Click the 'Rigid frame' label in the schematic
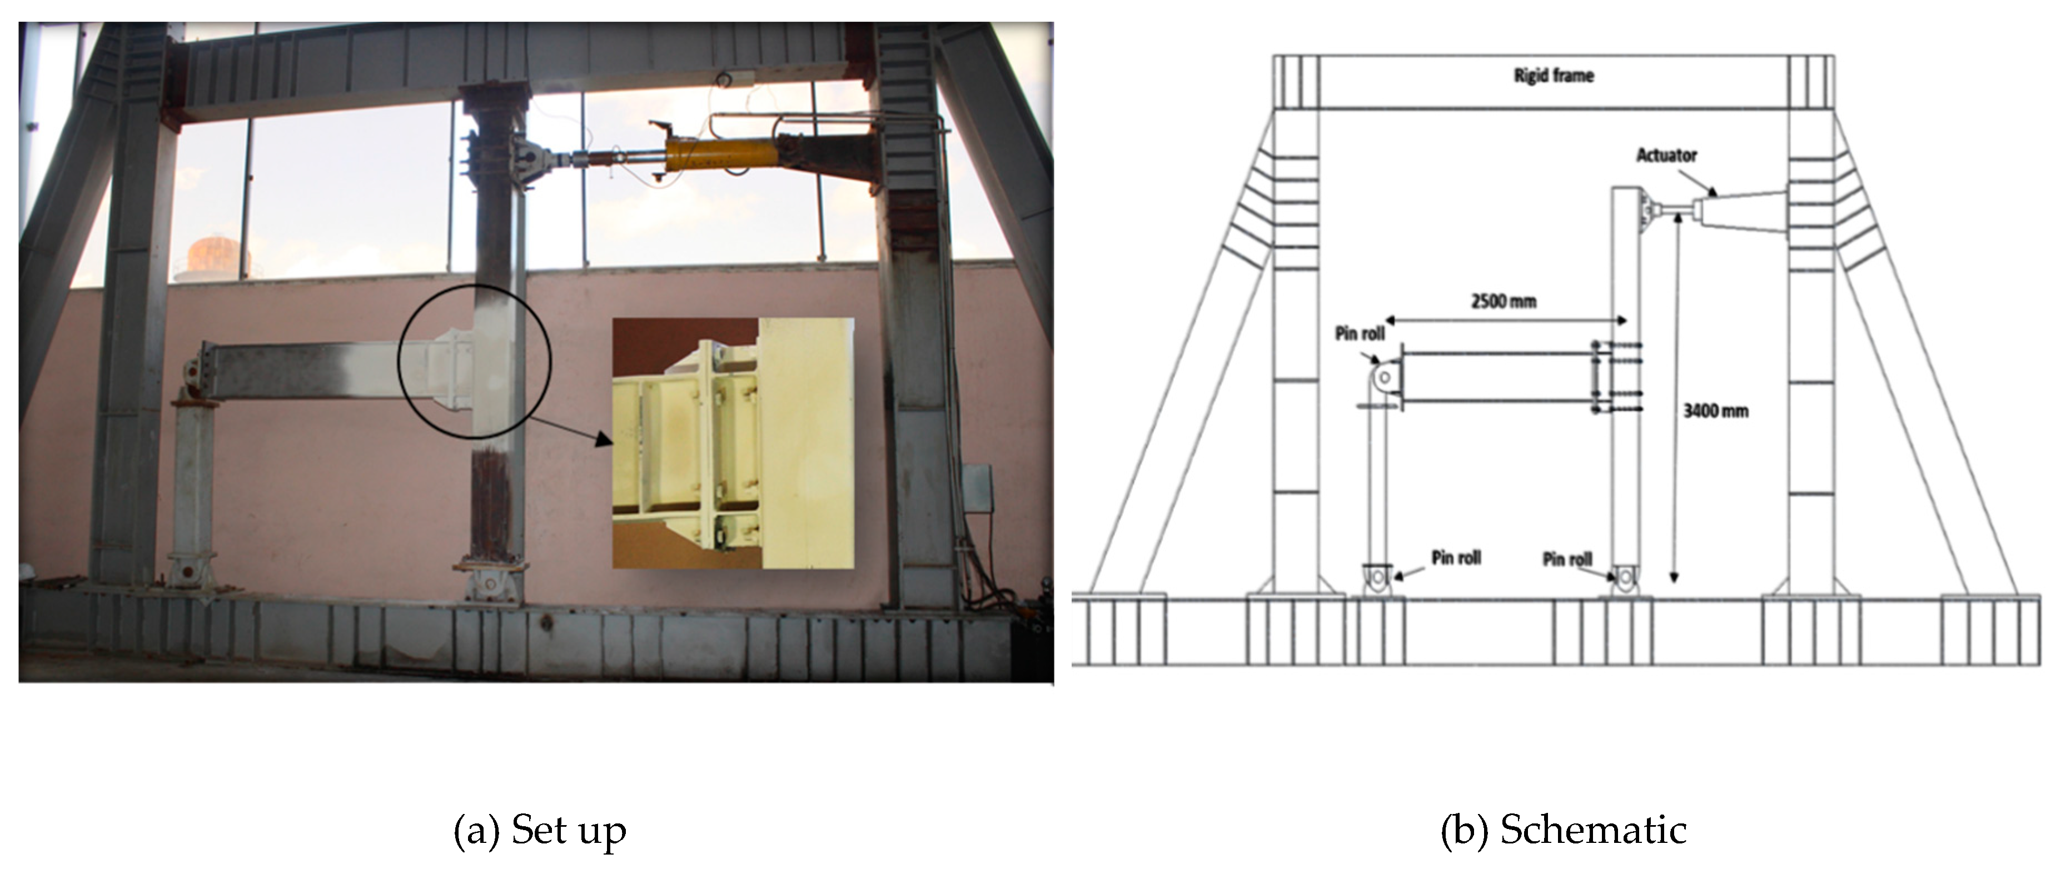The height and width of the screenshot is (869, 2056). pyautogui.click(x=1553, y=76)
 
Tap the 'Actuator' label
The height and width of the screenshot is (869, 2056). pyautogui.click(x=1666, y=156)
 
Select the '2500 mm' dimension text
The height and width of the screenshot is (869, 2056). pyautogui.click(x=1503, y=302)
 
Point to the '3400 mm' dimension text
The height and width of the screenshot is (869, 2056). pyautogui.click(x=1715, y=412)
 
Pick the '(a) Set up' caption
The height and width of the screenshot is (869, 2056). pyautogui.click(x=540, y=831)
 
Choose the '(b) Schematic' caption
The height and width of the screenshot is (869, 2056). pyautogui.click(x=1563, y=831)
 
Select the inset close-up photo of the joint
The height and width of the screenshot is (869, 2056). pyautogui.click(x=732, y=443)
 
